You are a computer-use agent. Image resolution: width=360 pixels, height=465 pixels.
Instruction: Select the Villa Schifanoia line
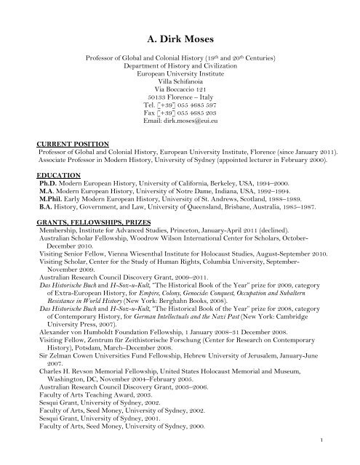coord(180,70)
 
